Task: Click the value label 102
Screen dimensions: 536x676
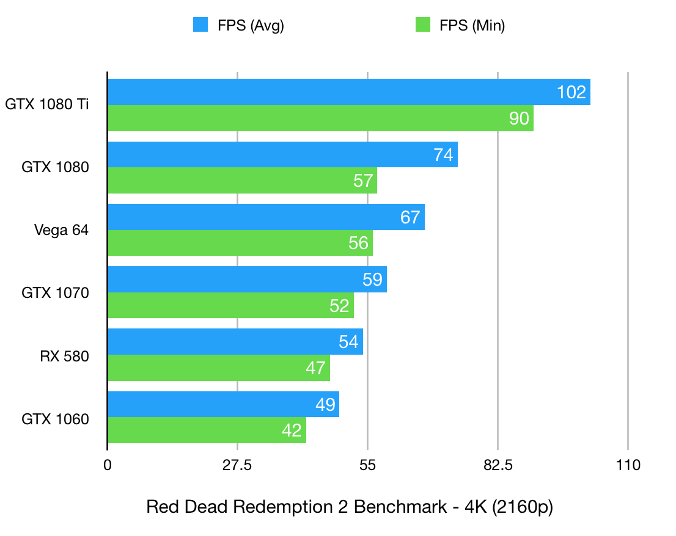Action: [571, 92]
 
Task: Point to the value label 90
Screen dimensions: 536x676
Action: [519, 118]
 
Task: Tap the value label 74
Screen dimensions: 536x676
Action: [443, 155]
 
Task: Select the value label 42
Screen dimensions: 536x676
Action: [292, 430]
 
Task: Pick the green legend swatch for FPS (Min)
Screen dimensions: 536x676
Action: [423, 25]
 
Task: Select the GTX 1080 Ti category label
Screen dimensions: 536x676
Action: [47, 104]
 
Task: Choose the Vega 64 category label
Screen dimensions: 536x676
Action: [61, 230]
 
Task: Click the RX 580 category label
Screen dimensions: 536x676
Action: [64, 356]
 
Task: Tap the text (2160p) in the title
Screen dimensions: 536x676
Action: [524, 508]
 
